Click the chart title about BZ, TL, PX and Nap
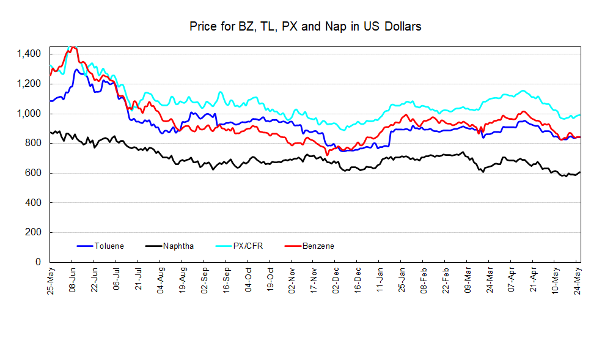[305, 27]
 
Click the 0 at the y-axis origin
[38, 262]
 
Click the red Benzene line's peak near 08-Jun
[73, 47]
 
